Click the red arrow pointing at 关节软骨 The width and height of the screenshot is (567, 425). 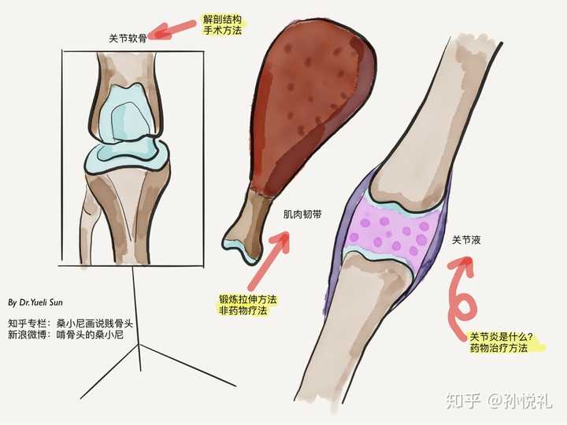174,30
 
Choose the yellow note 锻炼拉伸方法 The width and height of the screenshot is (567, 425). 247,299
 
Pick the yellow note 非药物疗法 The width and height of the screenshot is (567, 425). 243,312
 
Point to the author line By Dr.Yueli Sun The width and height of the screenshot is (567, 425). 40,302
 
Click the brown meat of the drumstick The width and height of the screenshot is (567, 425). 315,102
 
